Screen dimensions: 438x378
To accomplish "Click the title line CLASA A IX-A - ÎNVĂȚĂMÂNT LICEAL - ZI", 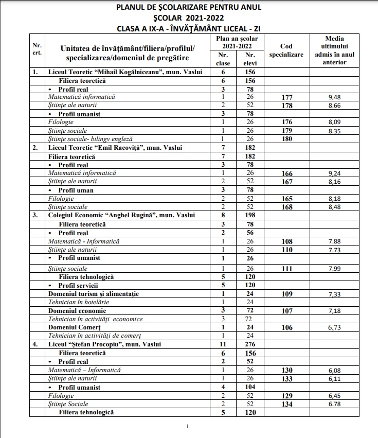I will tap(189, 27).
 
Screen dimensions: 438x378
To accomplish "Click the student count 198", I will tap(250, 215).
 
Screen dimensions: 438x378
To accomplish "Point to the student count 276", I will tap(250, 344).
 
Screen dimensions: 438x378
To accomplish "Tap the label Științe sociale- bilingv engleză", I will tap(90, 139).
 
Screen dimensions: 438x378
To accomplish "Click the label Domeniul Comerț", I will tap(74, 327).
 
